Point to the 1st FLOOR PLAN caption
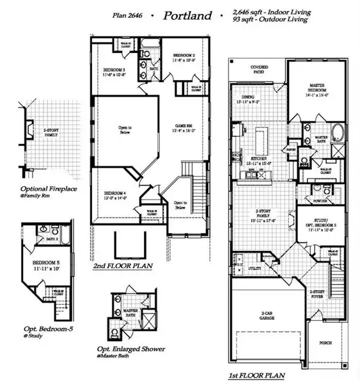pyautogui.click(x=255, y=375)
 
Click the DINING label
pyautogui.click(x=246, y=98)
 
